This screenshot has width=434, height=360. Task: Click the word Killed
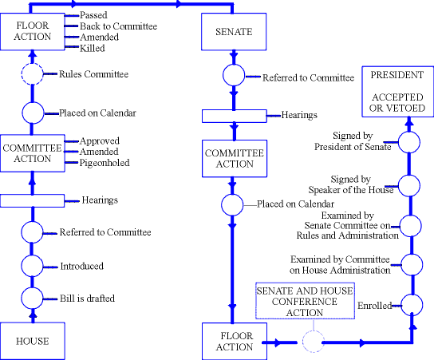pyautogui.click(x=93, y=48)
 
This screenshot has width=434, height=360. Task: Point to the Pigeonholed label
pyautogui.click(x=105, y=163)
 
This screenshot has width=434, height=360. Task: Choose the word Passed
pyautogui.click(x=93, y=15)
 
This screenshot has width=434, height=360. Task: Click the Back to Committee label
pyautogui.click(x=118, y=26)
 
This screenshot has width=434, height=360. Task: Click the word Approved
pyautogui.click(x=100, y=141)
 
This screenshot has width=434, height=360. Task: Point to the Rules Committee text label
pyautogui.click(x=94, y=74)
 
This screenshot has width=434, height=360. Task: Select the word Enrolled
pyautogui.click(x=375, y=306)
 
